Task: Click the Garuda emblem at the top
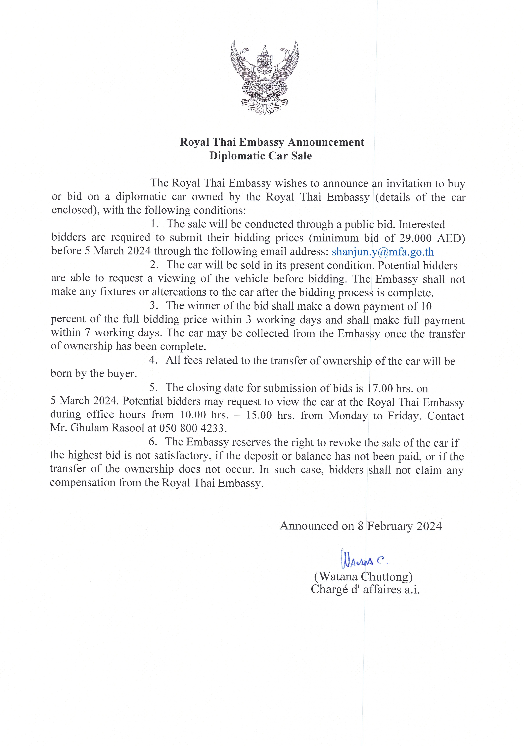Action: (x=264, y=77)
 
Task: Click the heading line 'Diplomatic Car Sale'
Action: (x=260, y=156)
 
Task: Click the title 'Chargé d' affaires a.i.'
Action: (x=365, y=589)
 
